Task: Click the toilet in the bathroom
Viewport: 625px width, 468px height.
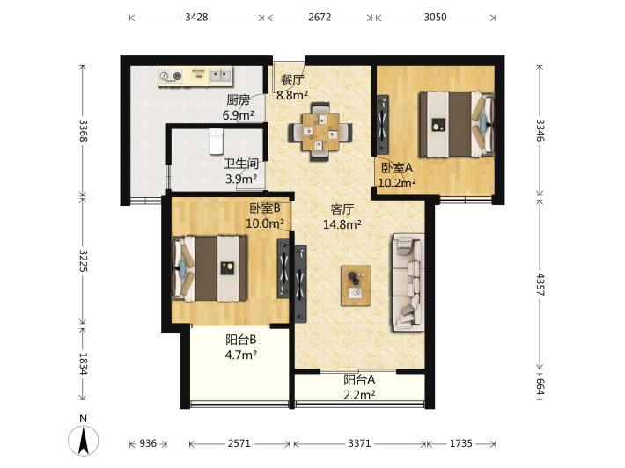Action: point(216,141)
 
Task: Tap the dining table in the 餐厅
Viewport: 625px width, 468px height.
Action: point(320,132)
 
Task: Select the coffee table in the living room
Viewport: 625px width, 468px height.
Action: point(356,286)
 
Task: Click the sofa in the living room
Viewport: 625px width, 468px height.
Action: point(408,282)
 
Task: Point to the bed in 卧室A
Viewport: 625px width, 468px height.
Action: point(456,124)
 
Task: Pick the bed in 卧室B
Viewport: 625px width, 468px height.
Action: point(210,268)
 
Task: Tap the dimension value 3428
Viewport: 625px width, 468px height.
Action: point(196,17)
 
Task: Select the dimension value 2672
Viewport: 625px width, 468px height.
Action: point(320,17)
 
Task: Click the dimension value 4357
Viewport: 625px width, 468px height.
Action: point(540,284)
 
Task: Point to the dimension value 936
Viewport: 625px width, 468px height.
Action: point(148,443)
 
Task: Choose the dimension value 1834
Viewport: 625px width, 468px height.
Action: point(83,363)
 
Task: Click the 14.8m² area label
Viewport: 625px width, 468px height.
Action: point(342,224)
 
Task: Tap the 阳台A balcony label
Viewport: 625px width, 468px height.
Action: point(359,380)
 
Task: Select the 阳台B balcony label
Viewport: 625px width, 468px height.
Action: point(240,340)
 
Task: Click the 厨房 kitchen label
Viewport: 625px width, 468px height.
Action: point(239,99)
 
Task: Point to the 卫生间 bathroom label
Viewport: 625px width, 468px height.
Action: point(240,164)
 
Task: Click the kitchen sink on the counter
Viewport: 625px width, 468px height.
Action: point(220,76)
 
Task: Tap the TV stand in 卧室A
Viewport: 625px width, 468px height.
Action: point(383,124)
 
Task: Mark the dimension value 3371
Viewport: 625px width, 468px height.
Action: point(359,443)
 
